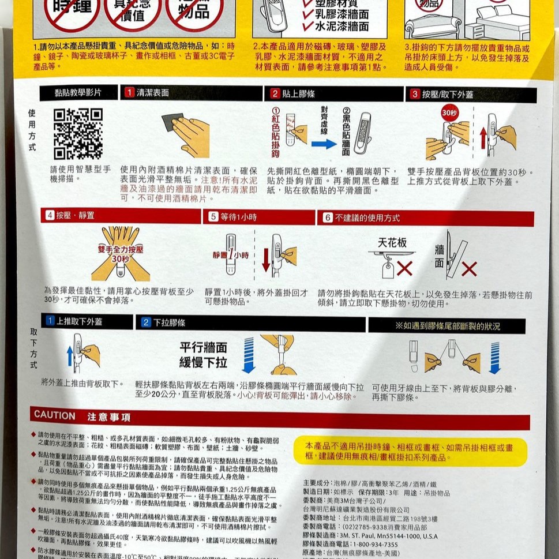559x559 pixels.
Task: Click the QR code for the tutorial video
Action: click(x=78, y=133)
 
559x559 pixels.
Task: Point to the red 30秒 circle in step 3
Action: click(x=449, y=113)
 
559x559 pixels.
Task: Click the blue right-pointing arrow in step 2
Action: click(x=324, y=144)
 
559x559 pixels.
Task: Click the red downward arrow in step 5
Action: click(x=266, y=259)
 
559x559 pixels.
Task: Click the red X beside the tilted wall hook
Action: click(x=469, y=269)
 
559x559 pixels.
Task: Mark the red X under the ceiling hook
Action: click(x=404, y=268)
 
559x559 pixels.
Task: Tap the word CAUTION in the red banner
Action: click(x=55, y=415)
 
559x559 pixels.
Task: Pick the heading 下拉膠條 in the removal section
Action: click(x=169, y=322)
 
